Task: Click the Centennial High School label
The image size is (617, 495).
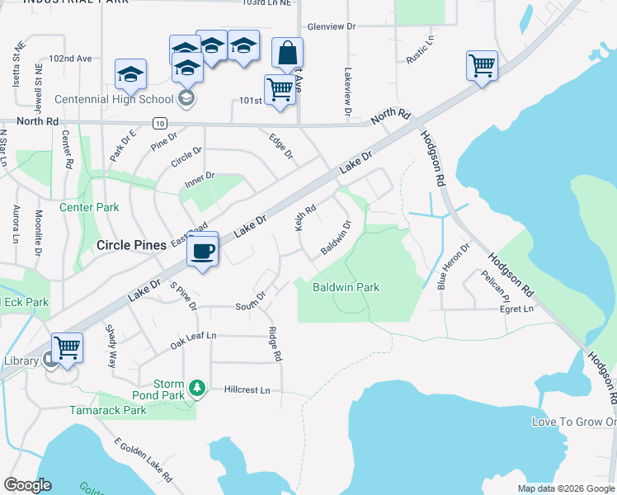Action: [x=114, y=99]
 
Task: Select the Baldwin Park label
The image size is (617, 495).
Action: [x=346, y=288]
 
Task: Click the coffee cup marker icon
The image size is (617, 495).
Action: [x=202, y=251]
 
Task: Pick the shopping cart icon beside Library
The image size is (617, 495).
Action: [x=68, y=347]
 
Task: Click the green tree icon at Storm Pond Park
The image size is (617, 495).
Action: [x=196, y=386]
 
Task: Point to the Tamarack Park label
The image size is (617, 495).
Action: [x=106, y=410]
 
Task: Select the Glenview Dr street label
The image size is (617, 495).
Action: [x=331, y=26]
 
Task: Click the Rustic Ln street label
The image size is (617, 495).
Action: [x=418, y=50]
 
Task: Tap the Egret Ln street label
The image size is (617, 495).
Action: [x=517, y=309]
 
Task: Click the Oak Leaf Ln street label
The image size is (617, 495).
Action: [x=193, y=337]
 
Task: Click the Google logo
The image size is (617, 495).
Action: [x=27, y=485]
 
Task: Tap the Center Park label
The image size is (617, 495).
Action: [x=89, y=207]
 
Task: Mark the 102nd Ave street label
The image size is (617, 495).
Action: [x=70, y=59]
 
